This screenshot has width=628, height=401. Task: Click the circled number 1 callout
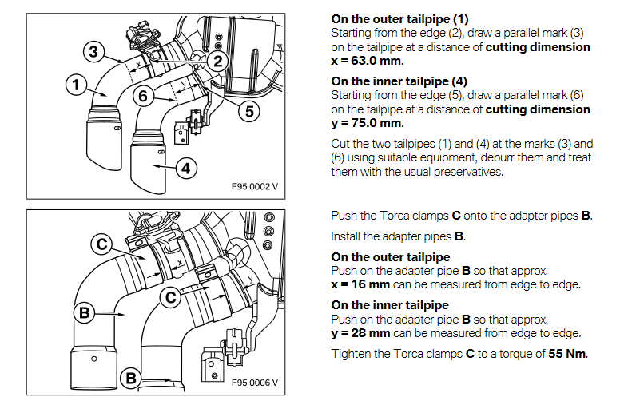tap(76, 84)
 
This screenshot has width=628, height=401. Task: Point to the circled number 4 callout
tap(186, 169)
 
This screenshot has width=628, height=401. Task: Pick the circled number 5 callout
tap(249, 111)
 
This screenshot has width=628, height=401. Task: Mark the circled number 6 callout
tap(143, 95)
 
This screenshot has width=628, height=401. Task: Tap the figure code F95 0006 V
tap(254, 382)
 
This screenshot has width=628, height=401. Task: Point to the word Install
tap(347, 236)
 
